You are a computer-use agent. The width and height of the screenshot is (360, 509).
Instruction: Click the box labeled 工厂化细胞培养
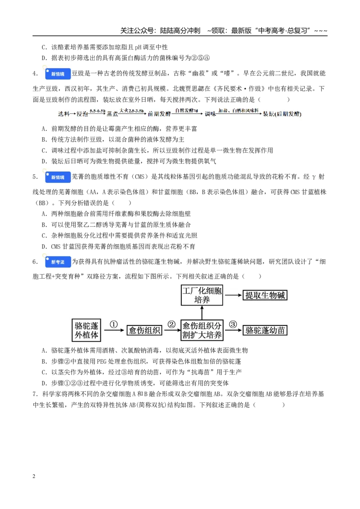point(202,295)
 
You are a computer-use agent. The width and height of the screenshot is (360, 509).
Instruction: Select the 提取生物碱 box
point(265,295)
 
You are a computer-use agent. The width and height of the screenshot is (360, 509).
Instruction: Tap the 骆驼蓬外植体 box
point(86,330)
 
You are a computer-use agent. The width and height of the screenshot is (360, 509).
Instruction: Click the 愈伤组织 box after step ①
point(144,330)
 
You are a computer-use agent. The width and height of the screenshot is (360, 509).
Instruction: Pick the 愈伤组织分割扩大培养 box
point(202,330)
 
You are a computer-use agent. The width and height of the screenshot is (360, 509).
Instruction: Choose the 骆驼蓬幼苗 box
point(265,330)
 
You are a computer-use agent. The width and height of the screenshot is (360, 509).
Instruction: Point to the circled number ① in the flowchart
point(113,324)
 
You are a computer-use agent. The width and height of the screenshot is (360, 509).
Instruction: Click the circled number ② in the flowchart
point(171,324)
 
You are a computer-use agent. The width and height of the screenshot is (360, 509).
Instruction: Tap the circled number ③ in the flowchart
point(233,324)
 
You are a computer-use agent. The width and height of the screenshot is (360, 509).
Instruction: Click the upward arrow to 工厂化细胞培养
point(202,313)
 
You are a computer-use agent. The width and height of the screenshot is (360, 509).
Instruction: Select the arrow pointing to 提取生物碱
point(234,295)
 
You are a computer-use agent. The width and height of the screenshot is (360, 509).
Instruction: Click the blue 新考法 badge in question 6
point(58,262)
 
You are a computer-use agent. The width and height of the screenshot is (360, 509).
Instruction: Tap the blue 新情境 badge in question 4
point(58,74)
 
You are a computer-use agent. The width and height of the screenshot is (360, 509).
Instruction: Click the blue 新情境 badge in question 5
point(58,177)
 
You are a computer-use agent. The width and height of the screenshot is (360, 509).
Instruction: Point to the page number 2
point(34,476)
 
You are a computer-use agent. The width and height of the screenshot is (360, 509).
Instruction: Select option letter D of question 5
point(45,247)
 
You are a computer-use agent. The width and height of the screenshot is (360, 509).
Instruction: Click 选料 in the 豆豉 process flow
point(64,114)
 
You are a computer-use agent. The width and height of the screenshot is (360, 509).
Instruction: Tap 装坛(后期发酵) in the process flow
point(282,114)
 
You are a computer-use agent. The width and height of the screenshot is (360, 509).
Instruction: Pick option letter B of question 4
point(45,139)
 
